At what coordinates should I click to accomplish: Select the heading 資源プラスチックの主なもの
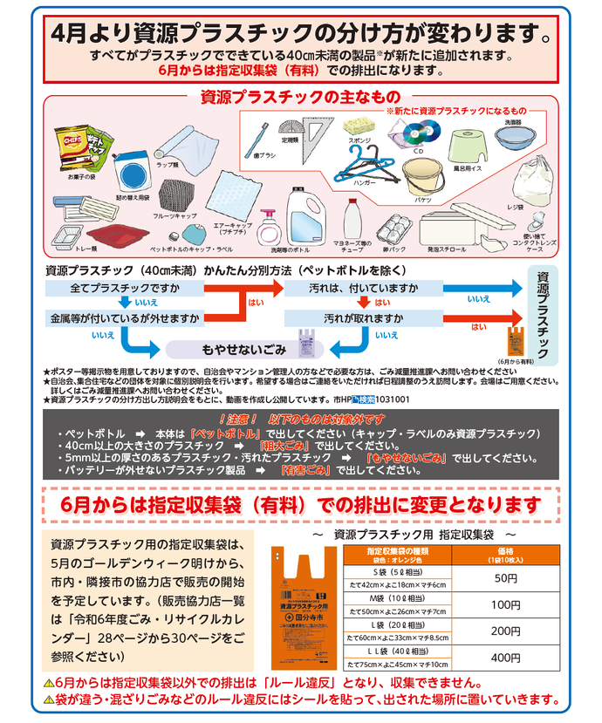(x=299, y=96)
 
